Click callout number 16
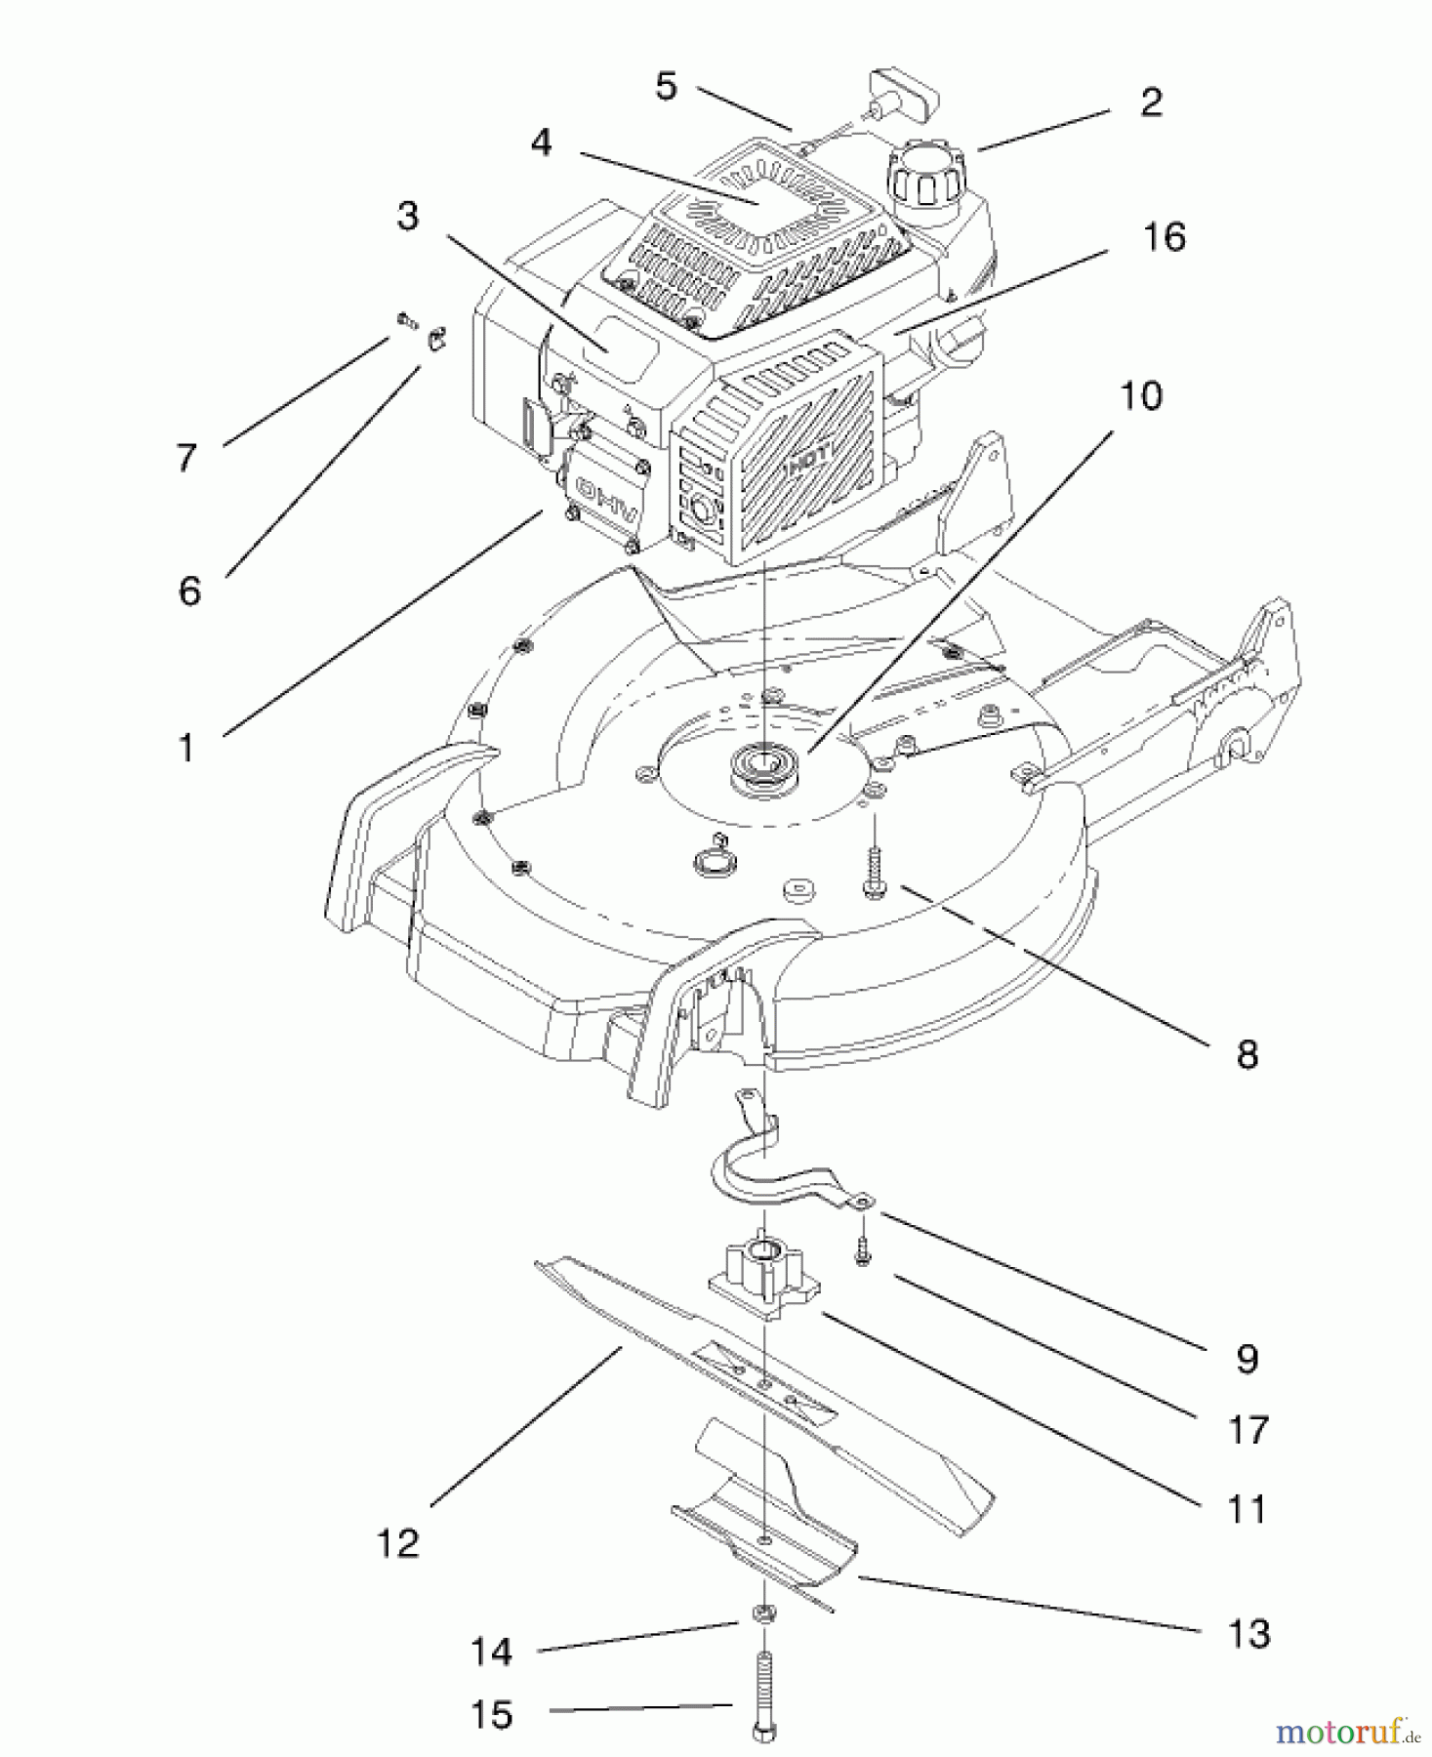(x=1165, y=237)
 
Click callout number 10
(x=1140, y=396)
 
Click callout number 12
(x=398, y=1543)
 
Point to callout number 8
(x=1247, y=1054)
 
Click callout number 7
(x=186, y=456)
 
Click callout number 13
(x=1248, y=1632)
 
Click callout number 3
(x=408, y=216)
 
